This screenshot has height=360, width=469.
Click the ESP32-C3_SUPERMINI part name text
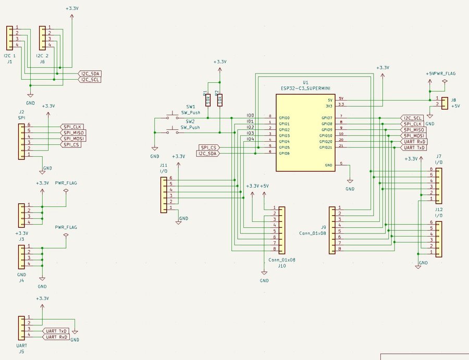coord(305,89)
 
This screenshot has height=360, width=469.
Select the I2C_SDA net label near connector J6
coord(89,73)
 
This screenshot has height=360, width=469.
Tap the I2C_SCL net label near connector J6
coord(89,80)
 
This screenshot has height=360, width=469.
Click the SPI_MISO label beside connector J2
coord(72,133)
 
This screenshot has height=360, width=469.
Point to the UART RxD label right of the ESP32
coord(414,141)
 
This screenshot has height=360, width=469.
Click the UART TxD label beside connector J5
coord(56,331)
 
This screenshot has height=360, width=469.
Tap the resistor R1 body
coord(208,99)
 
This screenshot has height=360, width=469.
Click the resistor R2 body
coord(219,99)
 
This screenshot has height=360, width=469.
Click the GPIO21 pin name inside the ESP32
coord(326,147)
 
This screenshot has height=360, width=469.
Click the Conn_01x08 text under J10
coord(281,259)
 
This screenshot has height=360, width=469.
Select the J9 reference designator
coord(324,227)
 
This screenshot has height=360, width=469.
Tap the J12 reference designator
coord(439,209)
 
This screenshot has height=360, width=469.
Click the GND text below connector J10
coord(264,281)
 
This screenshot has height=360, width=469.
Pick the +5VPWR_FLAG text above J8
coord(440,74)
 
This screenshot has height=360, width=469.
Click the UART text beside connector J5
coord(22,345)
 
